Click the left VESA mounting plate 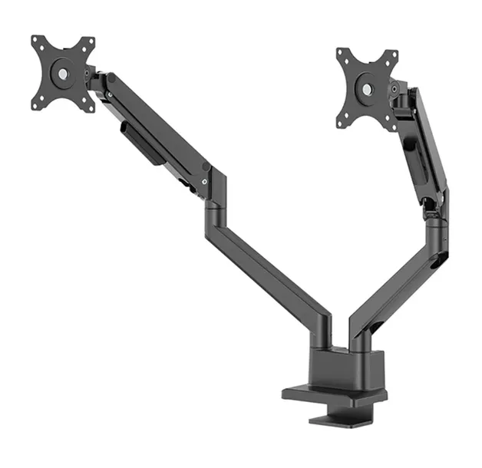(x=63, y=74)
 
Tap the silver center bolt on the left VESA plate (x=62, y=74)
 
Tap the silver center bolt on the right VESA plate (x=368, y=89)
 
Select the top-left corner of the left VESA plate (x=35, y=39)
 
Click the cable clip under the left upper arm (x=140, y=146)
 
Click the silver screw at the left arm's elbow (x=204, y=181)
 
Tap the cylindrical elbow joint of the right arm (x=436, y=219)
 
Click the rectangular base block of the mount (x=345, y=368)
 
